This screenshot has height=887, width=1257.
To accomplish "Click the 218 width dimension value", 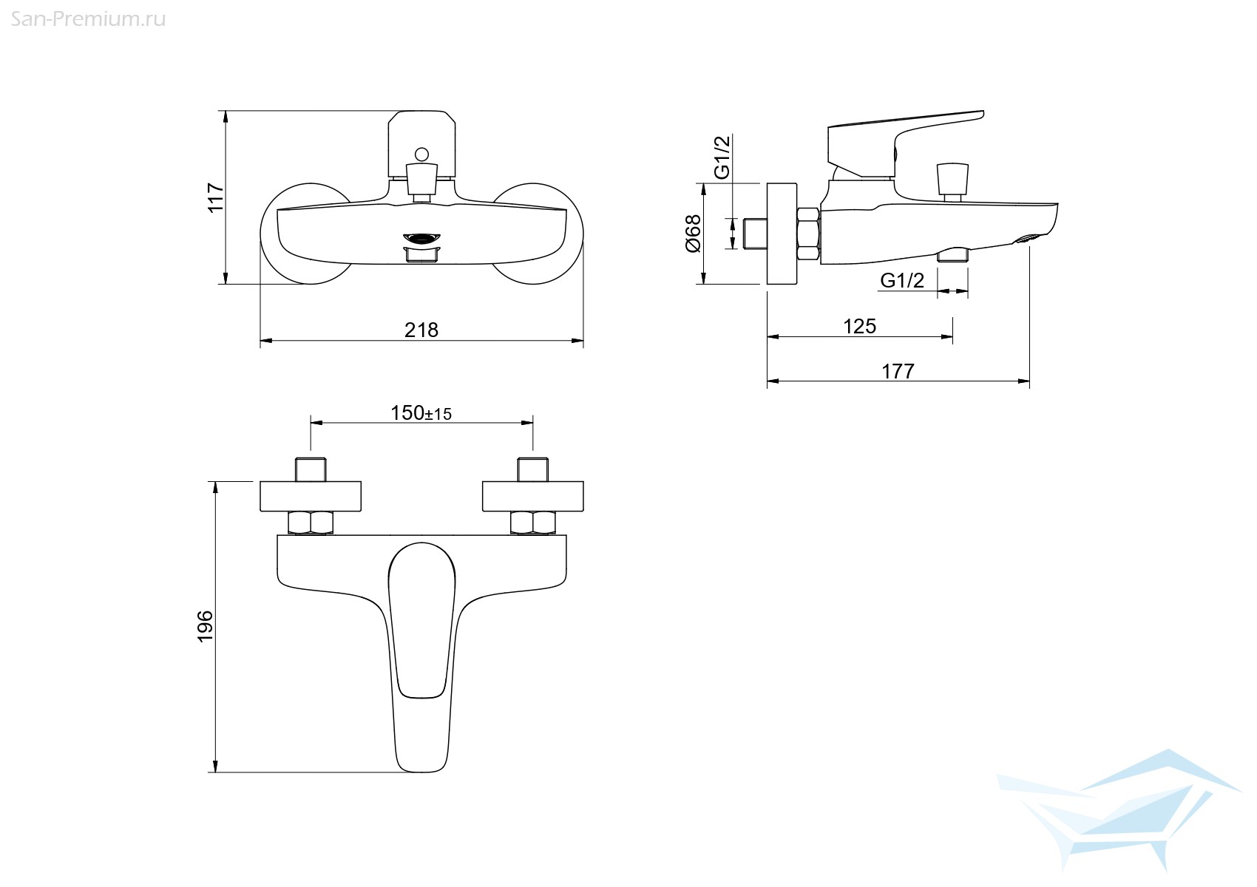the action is (x=421, y=330).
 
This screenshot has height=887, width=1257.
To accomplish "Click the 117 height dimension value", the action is (x=215, y=197).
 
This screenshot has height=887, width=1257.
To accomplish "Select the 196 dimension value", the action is (x=206, y=627).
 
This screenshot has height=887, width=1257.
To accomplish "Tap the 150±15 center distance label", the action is (x=421, y=413).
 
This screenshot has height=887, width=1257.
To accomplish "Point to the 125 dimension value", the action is (x=859, y=326).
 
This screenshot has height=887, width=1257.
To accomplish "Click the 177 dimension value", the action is (x=898, y=371).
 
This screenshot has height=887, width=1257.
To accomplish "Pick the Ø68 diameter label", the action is (x=694, y=234).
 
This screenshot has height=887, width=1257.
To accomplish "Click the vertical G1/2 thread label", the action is (x=722, y=157).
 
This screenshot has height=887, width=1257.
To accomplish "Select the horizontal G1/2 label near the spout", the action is (x=902, y=281).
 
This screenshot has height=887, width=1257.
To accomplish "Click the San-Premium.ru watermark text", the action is (x=88, y=20).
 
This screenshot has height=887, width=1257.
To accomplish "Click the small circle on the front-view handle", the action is (x=421, y=154).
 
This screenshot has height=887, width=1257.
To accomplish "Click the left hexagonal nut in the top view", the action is (x=311, y=523).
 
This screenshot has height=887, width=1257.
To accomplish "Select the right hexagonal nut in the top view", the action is (x=532, y=523).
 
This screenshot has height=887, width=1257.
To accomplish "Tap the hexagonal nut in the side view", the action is (x=808, y=234).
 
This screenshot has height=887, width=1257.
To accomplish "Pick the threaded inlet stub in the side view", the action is (x=756, y=234).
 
